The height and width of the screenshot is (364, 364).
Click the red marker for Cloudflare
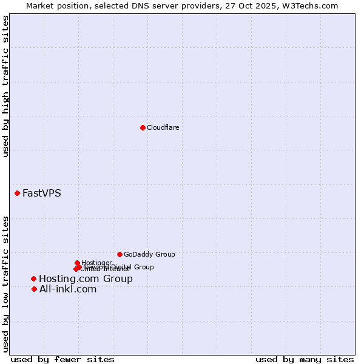[143, 127]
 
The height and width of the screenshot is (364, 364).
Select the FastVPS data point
[17, 193]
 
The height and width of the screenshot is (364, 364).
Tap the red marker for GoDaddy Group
[120, 254]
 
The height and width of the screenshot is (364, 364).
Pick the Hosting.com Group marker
[34, 278]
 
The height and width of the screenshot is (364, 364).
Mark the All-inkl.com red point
[34, 289]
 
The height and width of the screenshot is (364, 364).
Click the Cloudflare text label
[163, 127]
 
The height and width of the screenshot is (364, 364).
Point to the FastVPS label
[41, 194]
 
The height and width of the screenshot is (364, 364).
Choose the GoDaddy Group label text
[149, 254]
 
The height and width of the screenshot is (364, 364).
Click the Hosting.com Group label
[86, 279]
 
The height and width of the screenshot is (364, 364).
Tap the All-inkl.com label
[67, 289]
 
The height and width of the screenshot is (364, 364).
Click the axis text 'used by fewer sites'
[62, 359]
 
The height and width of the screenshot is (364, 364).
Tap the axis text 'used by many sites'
[305, 359]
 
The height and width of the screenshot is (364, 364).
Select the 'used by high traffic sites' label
[6, 86]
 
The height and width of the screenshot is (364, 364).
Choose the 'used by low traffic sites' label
[6, 283]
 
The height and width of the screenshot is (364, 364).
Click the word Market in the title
[39, 5]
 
